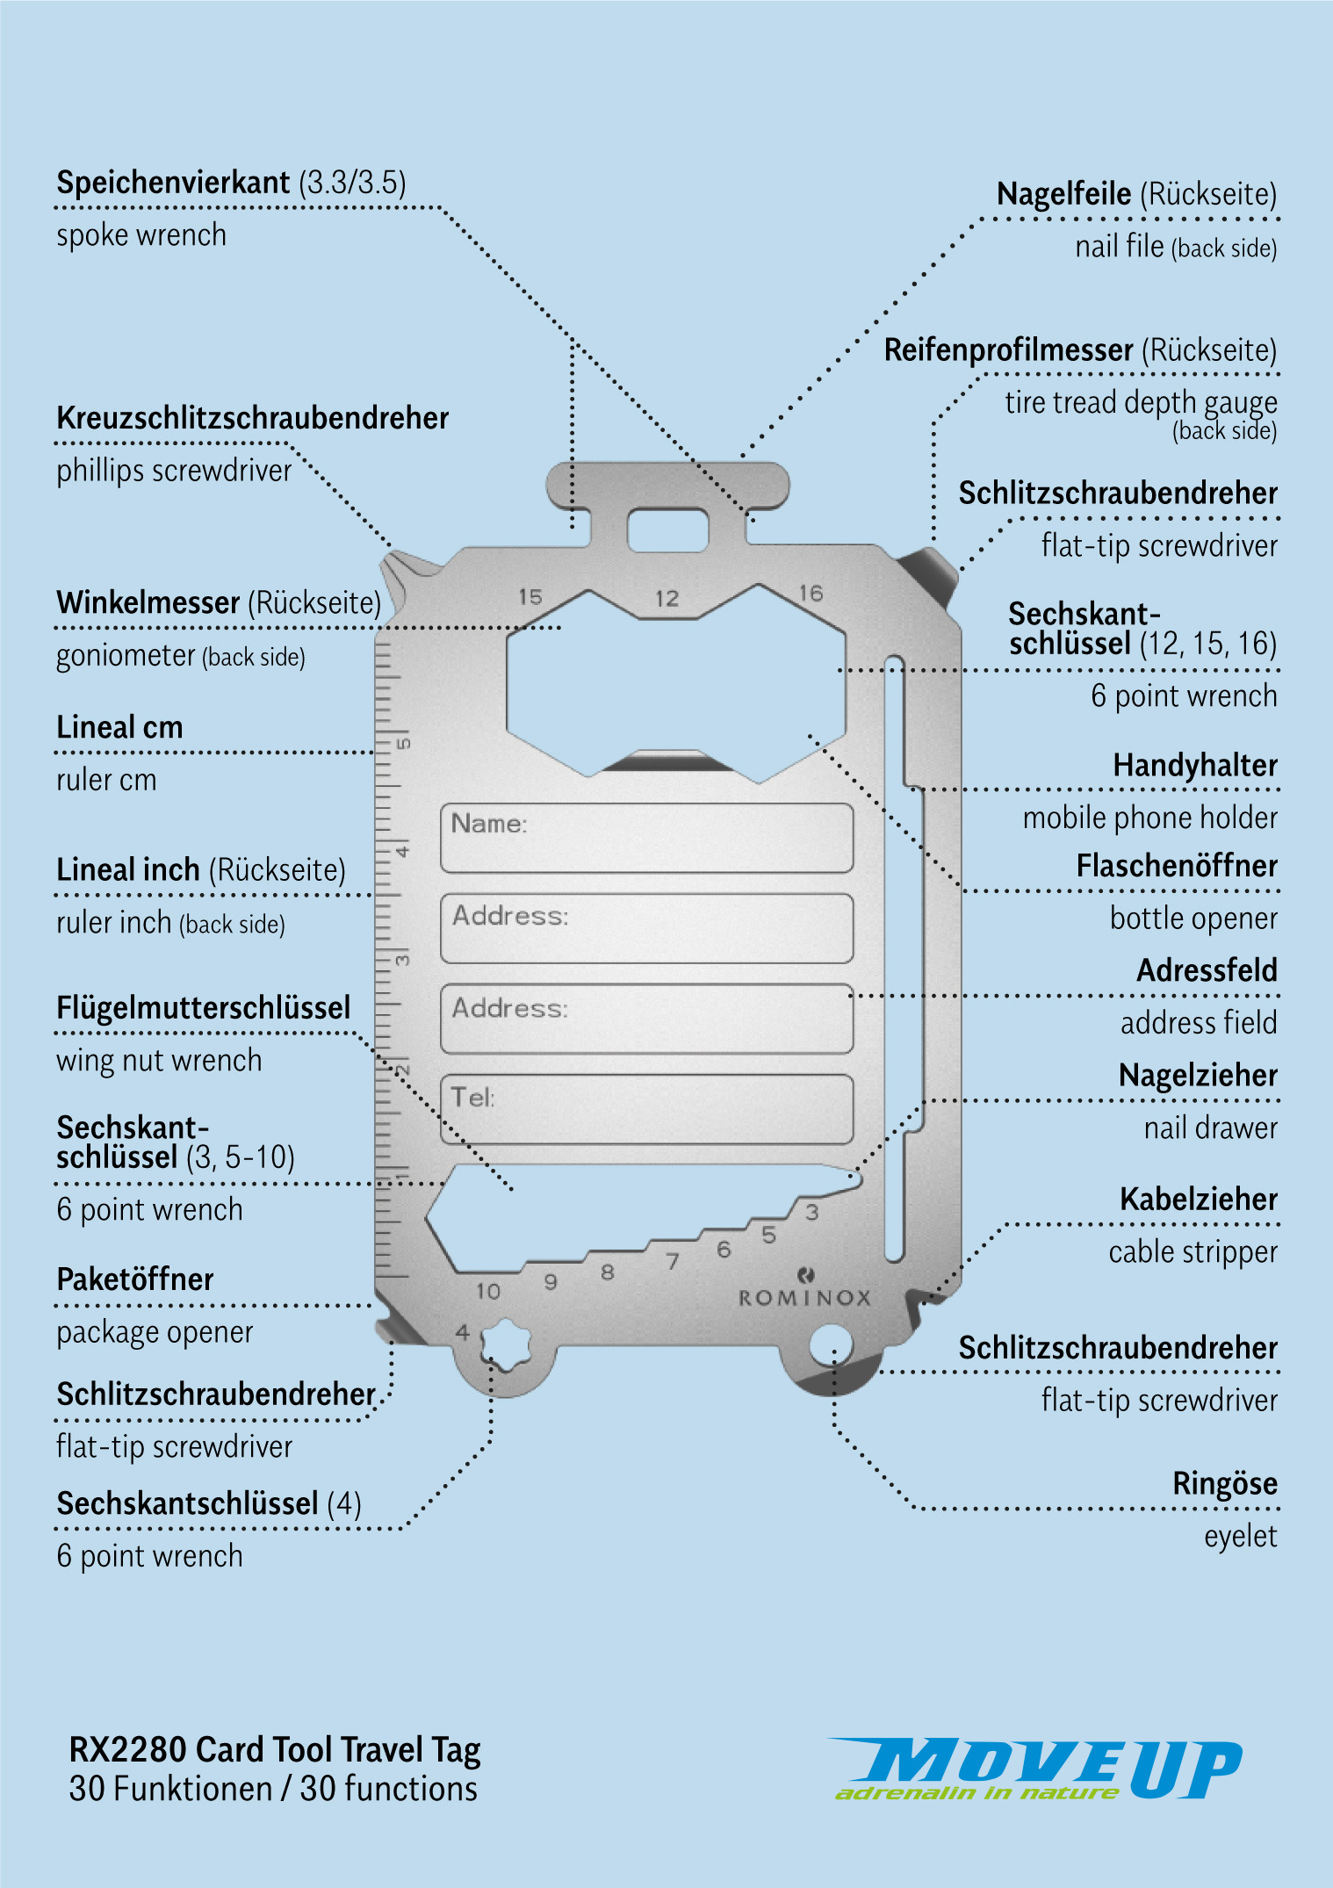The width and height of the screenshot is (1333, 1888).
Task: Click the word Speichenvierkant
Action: [x=173, y=183]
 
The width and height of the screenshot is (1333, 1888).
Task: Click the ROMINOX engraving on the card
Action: [x=803, y=1297]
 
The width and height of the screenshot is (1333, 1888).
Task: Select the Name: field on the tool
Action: [x=646, y=838]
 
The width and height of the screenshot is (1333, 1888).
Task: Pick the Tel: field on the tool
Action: [x=646, y=1109]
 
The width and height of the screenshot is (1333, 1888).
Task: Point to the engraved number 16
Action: [x=811, y=594]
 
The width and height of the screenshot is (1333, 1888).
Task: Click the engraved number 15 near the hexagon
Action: [x=530, y=597]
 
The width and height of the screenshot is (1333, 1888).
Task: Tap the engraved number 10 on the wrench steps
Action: [x=487, y=1291]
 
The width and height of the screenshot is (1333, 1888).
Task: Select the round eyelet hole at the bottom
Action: [x=830, y=1344]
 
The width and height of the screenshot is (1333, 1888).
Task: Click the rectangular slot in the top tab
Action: [x=667, y=529]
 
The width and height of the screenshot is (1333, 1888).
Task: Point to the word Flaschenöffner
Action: [x=1177, y=866]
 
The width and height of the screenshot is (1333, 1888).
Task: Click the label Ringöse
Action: [x=1225, y=1484]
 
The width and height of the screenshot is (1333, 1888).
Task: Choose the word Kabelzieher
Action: [x=1199, y=1200]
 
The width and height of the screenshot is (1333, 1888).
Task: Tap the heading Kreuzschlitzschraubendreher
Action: [x=253, y=418]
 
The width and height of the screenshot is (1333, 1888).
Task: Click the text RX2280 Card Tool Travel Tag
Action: [x=275, y=1750]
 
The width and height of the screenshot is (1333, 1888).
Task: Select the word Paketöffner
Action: [x=135, y=1279]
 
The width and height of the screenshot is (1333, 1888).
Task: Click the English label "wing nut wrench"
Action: [x=159, y=1061]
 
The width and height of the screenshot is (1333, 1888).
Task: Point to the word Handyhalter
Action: [x=1195, y=766]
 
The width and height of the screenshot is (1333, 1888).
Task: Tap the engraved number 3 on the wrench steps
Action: [x=812, y=1213]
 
